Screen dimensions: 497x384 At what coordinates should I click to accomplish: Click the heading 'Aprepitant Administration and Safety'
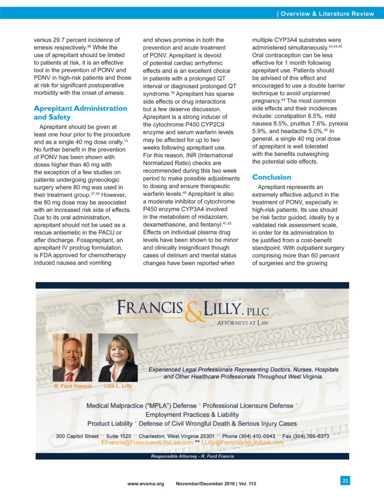coord(80,113)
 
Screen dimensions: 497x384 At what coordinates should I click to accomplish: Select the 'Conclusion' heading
coord(271,177)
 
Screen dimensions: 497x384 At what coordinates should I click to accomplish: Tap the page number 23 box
coord(345,480)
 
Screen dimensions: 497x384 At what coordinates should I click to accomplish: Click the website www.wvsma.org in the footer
coord(145,484)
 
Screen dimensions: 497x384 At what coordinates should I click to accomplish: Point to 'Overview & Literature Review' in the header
coord(327,14)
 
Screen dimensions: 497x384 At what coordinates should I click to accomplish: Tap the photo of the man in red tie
coord(72,357)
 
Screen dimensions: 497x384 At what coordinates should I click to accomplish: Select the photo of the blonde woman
coord(118,357)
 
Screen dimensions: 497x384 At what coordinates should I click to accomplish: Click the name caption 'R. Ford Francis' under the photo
coord(73,386)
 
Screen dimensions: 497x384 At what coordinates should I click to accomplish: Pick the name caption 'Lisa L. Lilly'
coord(118,386)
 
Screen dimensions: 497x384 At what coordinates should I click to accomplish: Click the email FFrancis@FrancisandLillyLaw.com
coord(147,443)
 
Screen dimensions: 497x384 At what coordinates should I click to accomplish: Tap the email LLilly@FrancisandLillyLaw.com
coord(242,443)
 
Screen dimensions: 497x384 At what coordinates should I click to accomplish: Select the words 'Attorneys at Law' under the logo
coord(243,323)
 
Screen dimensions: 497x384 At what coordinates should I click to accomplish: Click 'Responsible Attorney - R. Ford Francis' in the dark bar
coord(192,456)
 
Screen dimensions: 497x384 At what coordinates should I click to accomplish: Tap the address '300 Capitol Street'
coord(77,436)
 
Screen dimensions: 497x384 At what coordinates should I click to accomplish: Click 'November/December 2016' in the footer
coord(205,484)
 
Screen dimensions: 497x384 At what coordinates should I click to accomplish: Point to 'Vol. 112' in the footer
coord(247,484)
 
